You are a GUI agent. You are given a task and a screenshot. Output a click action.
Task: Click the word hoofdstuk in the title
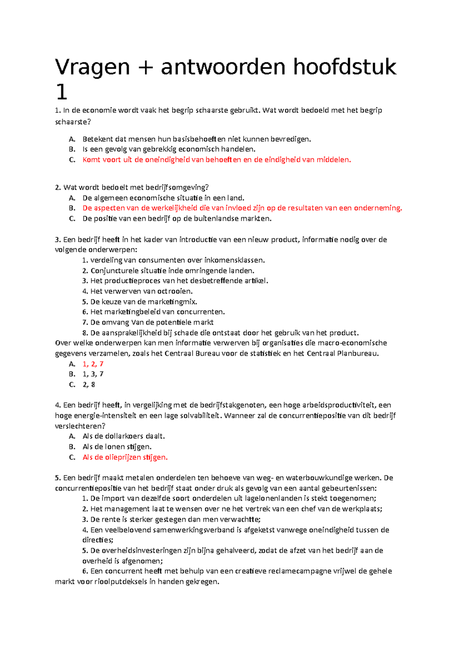point(345,67)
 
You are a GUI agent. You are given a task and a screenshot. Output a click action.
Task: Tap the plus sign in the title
point(145,68)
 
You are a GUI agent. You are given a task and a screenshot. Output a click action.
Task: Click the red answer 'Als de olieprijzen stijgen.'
point(125,457)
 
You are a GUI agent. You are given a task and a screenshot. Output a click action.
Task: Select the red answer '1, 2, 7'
point(93,364)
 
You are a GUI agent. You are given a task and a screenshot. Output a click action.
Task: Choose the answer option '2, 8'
point(89,385)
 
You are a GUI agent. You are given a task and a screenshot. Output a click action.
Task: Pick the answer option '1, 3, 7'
point(93,374)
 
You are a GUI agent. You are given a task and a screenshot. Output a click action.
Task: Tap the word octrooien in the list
point(175,291)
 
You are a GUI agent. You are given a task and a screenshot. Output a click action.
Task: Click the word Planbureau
point(358,353)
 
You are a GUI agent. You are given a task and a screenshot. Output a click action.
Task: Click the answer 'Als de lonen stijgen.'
point(117,446)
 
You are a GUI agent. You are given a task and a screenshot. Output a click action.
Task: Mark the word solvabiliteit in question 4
point(195,415)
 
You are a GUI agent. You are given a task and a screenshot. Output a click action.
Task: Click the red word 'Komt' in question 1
point(91,160)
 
